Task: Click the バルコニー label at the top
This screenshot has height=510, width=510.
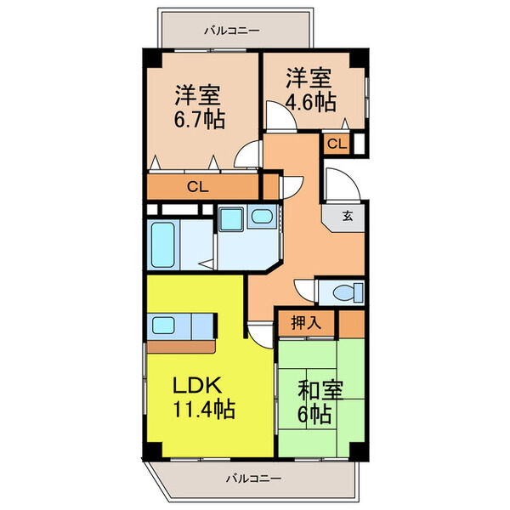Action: coord(231,31)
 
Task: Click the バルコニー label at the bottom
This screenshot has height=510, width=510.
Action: coord(252,479)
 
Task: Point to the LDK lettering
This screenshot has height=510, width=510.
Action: coord(200,385)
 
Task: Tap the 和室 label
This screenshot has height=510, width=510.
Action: coord(320,392)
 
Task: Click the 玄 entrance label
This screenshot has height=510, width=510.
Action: coord(349,215)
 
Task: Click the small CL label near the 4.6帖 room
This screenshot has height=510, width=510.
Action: coord(337,144)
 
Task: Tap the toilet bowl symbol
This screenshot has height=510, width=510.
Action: coord(345,293)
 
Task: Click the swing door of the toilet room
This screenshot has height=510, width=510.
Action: coord(305,288)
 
